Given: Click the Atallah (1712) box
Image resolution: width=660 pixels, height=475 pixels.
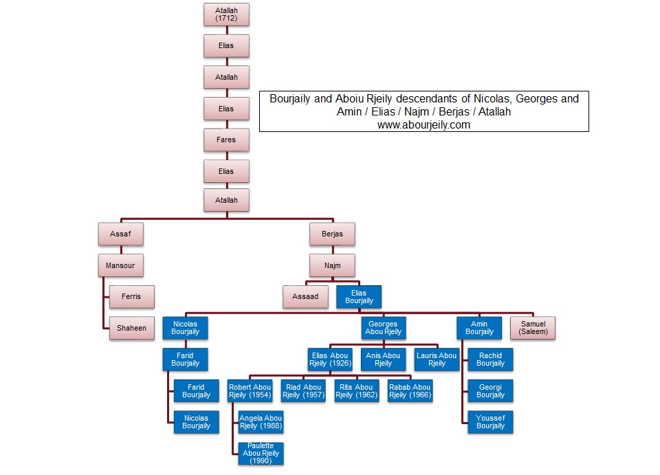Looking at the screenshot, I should (x=226, y=14).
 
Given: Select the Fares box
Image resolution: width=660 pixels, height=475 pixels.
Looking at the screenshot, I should (x=226, y=140).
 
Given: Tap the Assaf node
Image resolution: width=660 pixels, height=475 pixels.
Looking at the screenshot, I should (x=120, y=234).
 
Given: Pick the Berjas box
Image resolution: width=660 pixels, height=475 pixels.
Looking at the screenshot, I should (x=332, y=234).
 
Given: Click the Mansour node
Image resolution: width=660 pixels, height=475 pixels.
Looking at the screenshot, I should (x=120, y=265).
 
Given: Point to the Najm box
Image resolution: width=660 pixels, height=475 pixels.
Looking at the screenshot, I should (x=332, y=265).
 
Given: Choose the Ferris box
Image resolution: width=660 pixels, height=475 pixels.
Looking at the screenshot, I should (x=131, y=296).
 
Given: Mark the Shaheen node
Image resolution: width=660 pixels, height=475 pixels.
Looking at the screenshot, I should (x=131, y=328).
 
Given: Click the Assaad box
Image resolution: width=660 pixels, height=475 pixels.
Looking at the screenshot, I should (x=305, y=296).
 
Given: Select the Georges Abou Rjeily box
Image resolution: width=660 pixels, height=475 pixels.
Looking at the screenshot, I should (x=384, y=328).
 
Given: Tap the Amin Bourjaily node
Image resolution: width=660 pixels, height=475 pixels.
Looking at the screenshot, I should (x=479, y=328).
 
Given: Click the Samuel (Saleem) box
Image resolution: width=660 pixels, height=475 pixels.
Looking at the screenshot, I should (x=532, y=328).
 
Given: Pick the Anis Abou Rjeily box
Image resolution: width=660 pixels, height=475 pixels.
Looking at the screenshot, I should (x=384, y=359).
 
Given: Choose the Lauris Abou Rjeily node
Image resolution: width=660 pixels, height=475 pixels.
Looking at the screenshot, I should (x=437, y=359).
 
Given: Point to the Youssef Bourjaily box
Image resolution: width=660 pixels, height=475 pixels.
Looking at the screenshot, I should (x=490, y=421).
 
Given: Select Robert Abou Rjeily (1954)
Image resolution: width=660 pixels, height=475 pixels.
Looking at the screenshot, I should (x=250, y=390).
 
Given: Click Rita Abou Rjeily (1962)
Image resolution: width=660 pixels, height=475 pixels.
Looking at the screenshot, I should (x=357, y=390).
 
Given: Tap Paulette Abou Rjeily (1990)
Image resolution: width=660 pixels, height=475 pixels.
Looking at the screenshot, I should (x=261, y=453).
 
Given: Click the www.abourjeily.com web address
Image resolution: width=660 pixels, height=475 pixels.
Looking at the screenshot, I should (x=423, y=125).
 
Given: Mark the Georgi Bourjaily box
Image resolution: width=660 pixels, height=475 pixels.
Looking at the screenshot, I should (x=490, y=390).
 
